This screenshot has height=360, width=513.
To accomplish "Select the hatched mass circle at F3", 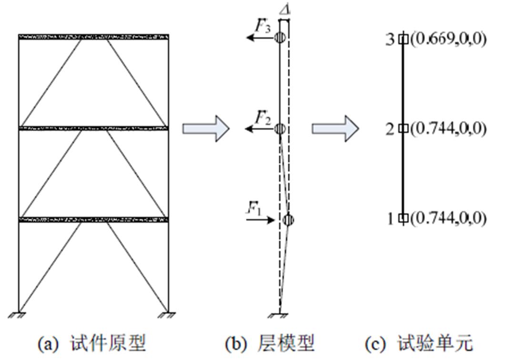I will (280, 38).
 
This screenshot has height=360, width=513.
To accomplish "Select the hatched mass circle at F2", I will (280, 129).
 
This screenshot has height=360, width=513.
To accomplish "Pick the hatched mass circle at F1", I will (288, 220).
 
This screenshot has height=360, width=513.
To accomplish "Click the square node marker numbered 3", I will (403, 39).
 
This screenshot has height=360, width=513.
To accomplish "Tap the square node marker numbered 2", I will (403, 129).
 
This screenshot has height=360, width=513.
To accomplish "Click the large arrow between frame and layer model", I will (206, 129).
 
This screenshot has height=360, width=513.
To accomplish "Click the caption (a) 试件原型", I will (92, 343).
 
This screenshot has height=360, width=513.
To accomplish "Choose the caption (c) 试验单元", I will (419, 343).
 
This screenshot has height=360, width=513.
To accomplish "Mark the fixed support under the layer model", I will (280, 315).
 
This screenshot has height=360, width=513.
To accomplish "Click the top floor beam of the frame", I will (93, 37).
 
